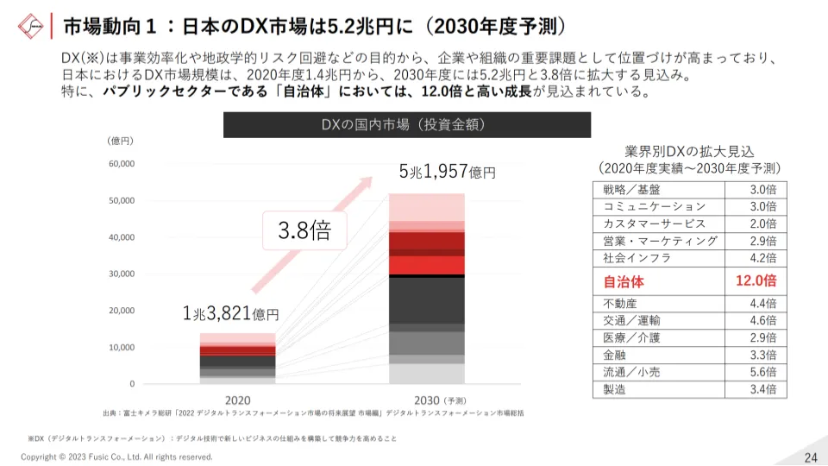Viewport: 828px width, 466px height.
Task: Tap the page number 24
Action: pos(810,457)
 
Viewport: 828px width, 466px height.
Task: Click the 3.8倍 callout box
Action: pos(304,230)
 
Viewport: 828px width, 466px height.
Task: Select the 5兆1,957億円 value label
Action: pos(447,171)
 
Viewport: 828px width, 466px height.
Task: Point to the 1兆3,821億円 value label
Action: pos(230,314)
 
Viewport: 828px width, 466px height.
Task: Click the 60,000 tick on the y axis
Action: pos(122,163)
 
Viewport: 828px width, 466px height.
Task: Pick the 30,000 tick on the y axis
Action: pos(122,274)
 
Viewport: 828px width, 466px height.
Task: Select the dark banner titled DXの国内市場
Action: pos(407,125)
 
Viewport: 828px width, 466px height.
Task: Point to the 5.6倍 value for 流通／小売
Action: pos(762,372)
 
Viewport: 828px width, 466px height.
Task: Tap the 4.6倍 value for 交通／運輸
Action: pos(762,320)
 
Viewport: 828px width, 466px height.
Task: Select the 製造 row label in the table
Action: pos(615,389)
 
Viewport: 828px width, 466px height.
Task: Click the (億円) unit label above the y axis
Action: pos(120,140)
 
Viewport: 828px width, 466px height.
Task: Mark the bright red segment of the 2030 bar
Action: pos(427,265)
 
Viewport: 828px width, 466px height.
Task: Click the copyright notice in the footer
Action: pos(116,457)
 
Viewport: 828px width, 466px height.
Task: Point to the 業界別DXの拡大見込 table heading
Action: pos(689,151)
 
